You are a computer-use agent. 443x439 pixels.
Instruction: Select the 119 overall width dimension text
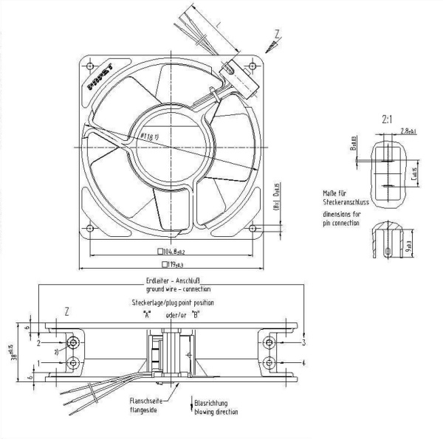(x=174, y=263)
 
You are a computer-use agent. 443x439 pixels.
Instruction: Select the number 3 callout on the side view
(x=303, y=342)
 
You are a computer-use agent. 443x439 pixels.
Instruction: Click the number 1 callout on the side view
(x=38, y=362)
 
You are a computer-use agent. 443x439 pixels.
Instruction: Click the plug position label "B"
(x=195, y=314)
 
